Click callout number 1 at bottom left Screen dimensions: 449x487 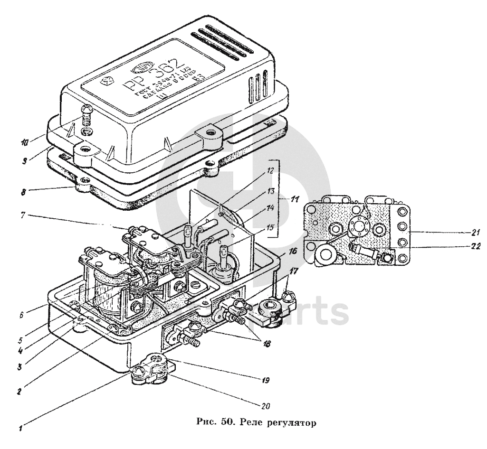(x=20, y=425)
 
